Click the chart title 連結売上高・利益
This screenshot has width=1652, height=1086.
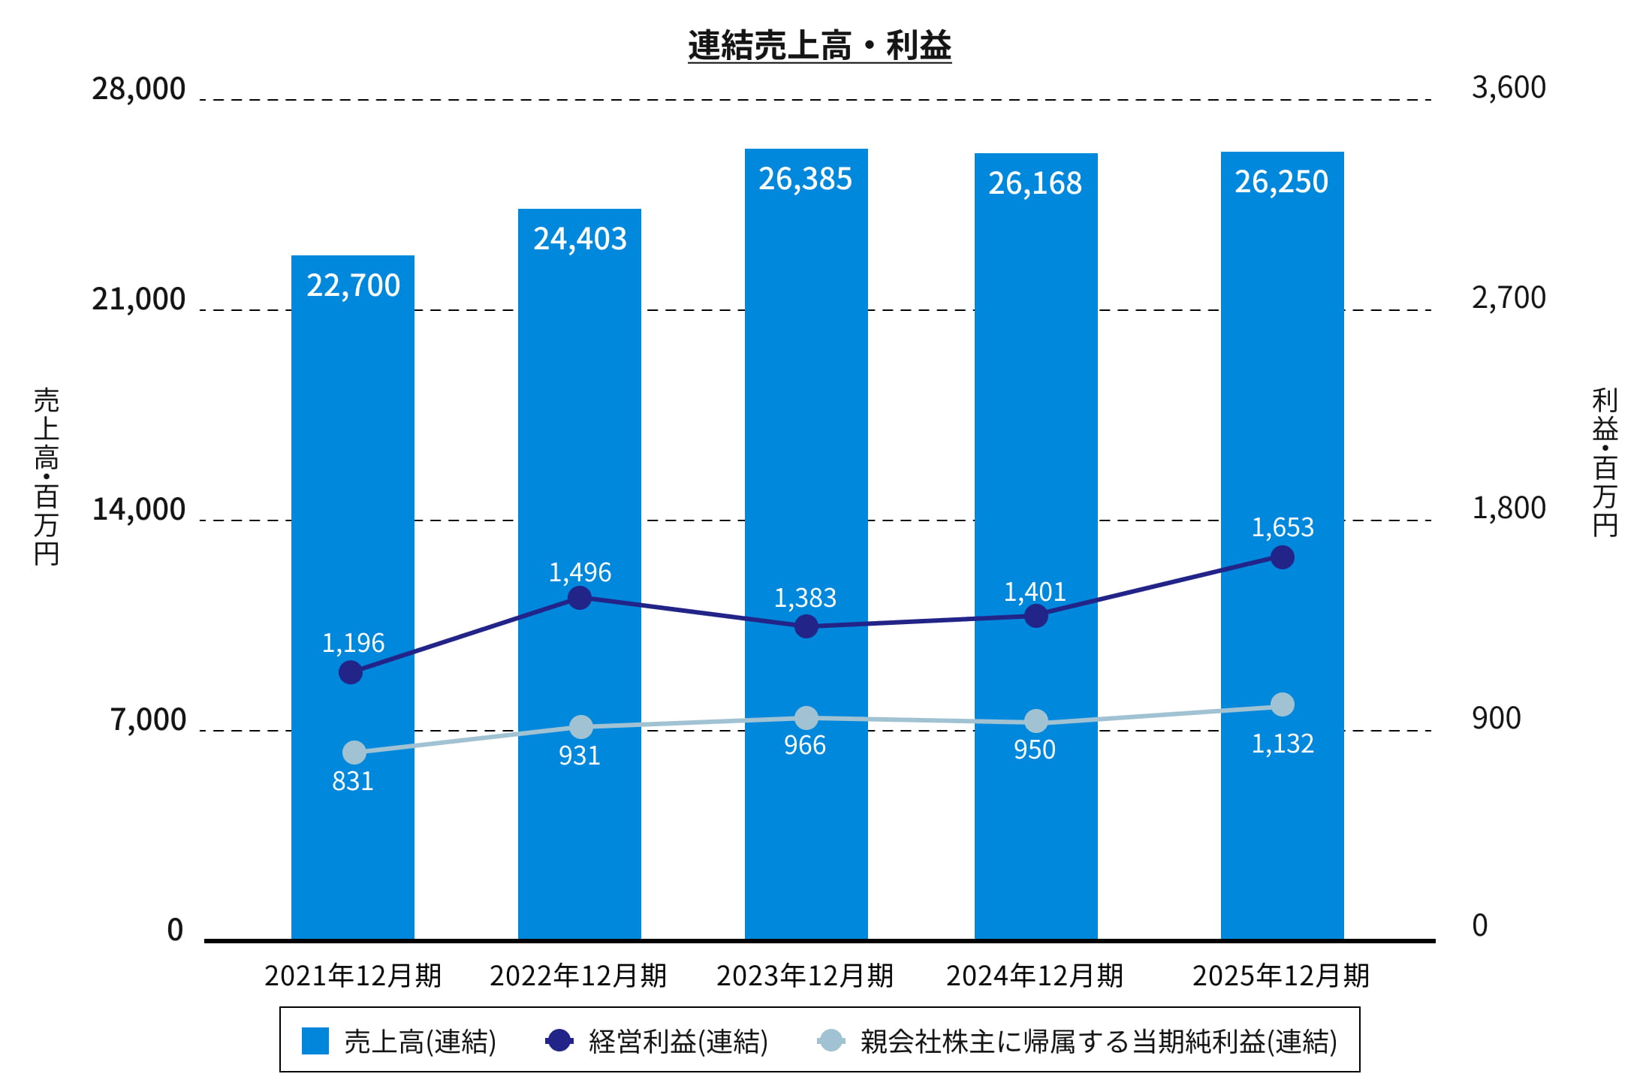[819, 45]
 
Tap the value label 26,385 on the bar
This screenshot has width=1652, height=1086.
[805, 179]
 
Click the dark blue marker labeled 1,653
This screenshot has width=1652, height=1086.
[1282, 557]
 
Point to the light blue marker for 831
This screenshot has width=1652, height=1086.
[354, 752]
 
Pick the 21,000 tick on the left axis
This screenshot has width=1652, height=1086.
[139, 299]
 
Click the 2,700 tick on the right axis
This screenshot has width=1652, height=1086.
[1509, 298]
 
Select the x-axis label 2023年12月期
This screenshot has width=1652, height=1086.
[804, 976]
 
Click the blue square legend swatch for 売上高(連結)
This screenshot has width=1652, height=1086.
[315, 1041]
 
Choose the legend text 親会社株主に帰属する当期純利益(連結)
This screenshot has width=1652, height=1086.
[1098, 1042]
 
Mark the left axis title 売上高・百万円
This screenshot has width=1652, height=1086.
[46, 476]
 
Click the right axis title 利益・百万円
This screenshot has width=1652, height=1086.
[1605, 462]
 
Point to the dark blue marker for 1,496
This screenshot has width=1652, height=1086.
[579, 598]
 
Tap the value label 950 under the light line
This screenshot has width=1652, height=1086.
[1034, 750]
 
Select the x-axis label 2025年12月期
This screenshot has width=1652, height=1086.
[1280, 976]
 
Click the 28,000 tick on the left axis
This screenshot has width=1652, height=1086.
[139, 89]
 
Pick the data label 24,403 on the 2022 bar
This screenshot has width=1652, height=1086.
[580, 239]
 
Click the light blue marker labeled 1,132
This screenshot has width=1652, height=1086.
[1282, 704]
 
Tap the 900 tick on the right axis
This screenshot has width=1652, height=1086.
[1496, 719]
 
